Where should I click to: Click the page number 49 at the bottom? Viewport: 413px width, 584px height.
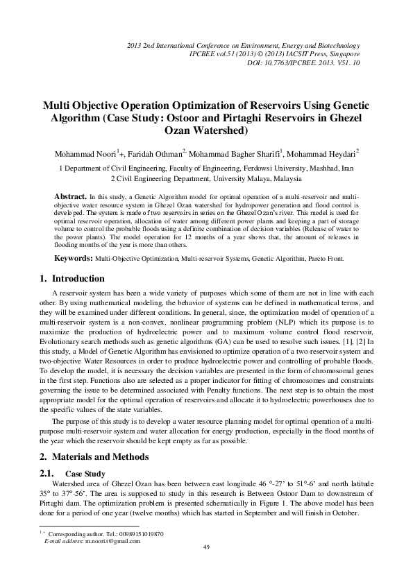(x=206, y=548)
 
